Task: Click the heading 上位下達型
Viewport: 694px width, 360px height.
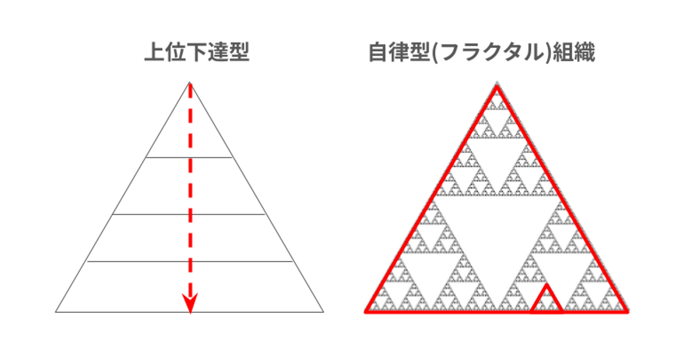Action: point(197,52)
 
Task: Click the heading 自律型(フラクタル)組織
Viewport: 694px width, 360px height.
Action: point(482,53)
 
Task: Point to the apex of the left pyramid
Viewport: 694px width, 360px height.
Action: point(189,82)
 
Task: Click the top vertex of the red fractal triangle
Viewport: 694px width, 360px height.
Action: point(497,86)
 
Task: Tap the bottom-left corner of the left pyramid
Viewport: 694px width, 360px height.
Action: point(56,312)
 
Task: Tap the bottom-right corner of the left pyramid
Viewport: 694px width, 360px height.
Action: point(324,312)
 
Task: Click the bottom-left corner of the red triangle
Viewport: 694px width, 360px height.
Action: point(366,312)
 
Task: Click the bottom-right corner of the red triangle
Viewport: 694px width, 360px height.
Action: point(627,312)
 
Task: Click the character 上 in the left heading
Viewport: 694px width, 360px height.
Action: point(155,52)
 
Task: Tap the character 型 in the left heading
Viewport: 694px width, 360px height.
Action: point(239,52)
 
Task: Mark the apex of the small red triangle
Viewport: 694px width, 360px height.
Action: point(547,284)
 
